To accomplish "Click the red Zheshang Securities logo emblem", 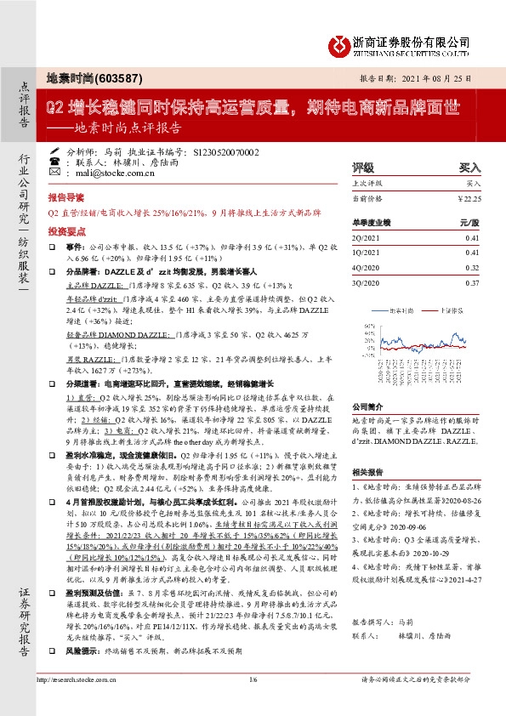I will tap(342, 42).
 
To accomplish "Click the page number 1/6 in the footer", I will tap(252, 702).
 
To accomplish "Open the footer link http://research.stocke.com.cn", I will tap(82, 702).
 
